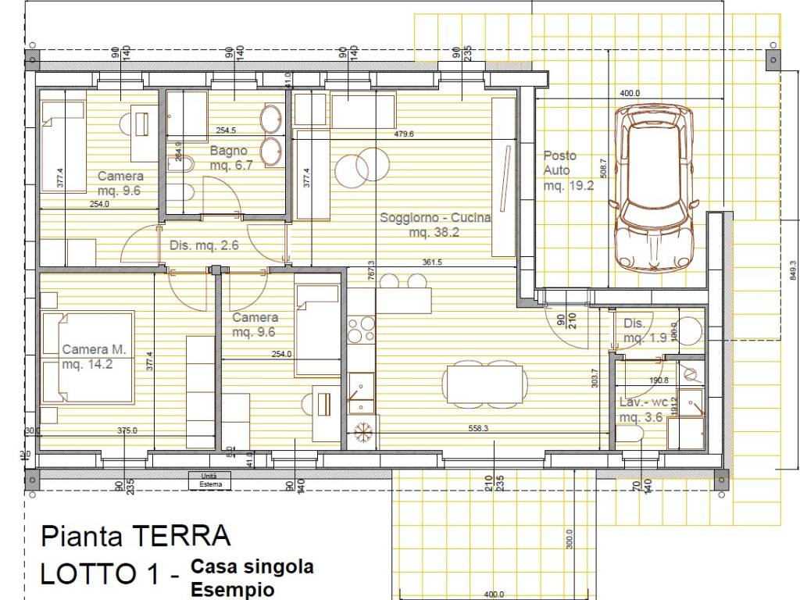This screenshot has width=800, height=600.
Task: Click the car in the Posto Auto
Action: click(x=655, y=190)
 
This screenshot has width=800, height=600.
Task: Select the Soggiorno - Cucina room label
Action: click(x=434, y=225)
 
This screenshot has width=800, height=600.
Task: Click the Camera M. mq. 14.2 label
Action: click(x=94, y=357)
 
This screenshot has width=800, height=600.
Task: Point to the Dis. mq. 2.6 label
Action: click(x=203, y=245)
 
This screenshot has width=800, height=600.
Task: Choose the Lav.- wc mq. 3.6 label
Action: click(x=642, y=410)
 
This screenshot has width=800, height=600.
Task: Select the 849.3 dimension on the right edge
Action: click(x=792, y=270)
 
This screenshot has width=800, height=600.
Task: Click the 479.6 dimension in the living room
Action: click(x=404, y=134)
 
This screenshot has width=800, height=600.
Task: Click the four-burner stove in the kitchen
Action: click(x=360, y=329)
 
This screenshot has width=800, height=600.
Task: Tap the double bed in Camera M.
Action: click(x=87, y=357)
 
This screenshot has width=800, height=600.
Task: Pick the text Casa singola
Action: click(x=252, y=566)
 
